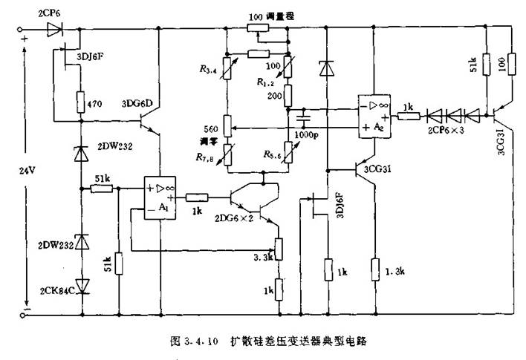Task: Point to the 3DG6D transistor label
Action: point(136,104)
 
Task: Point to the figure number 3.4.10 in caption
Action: point(201,342)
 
